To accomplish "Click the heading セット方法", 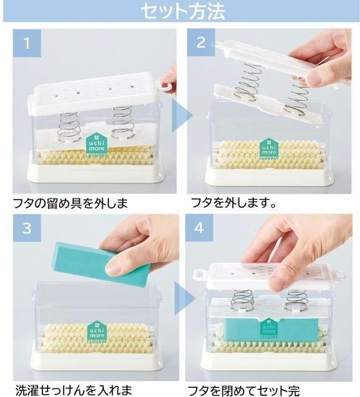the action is pos(183,12).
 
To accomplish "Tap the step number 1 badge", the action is pos(27,43).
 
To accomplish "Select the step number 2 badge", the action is pos(201,42).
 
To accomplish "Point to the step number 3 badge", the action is pos(27,228).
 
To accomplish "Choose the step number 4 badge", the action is pos(199,228).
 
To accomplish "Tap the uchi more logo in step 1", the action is pos(96,145).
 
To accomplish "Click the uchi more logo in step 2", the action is pos(269,149).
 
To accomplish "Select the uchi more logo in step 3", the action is pos(97,332).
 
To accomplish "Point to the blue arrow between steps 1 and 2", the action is pos(182,115).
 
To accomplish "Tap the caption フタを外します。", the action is pos(233,203).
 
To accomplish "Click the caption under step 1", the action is pos(70,203).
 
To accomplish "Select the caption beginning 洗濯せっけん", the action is pos(74,390).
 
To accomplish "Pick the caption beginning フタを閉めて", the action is pos(244,390).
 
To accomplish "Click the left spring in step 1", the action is pos(69,126).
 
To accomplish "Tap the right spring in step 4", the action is pos(296,300).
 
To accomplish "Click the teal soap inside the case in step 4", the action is pos(271,329).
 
